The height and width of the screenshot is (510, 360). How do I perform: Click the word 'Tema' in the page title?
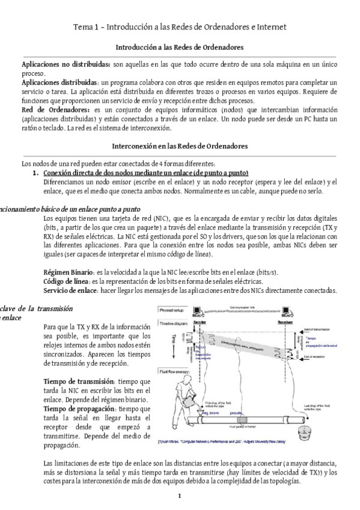tap(84, 27)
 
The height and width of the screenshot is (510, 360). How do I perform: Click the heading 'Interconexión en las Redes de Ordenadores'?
tap(179, 146)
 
